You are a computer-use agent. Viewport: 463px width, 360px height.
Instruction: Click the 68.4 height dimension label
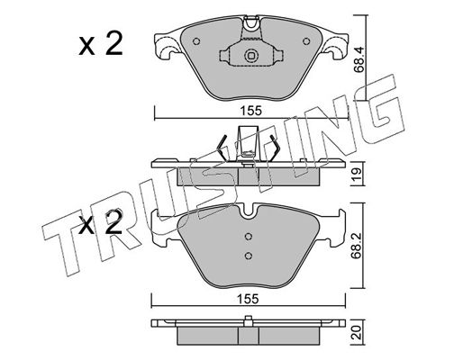tap(359, 59)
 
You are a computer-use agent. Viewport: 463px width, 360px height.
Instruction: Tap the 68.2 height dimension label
tap(356, 246)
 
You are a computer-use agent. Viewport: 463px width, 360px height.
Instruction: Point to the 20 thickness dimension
tap(357, 333)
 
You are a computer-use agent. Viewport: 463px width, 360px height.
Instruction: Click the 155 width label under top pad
tap(251, 111)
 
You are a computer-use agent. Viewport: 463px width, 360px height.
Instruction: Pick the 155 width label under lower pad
tap(248, 299)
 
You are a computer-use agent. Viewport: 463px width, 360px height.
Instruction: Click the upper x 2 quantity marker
tap(101, 44)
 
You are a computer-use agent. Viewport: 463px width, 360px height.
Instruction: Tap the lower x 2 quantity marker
tap(101, 222)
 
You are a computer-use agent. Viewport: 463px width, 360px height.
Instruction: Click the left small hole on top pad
tap(196, 41)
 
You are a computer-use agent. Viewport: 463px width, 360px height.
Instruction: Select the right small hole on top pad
tap(306, 41)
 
